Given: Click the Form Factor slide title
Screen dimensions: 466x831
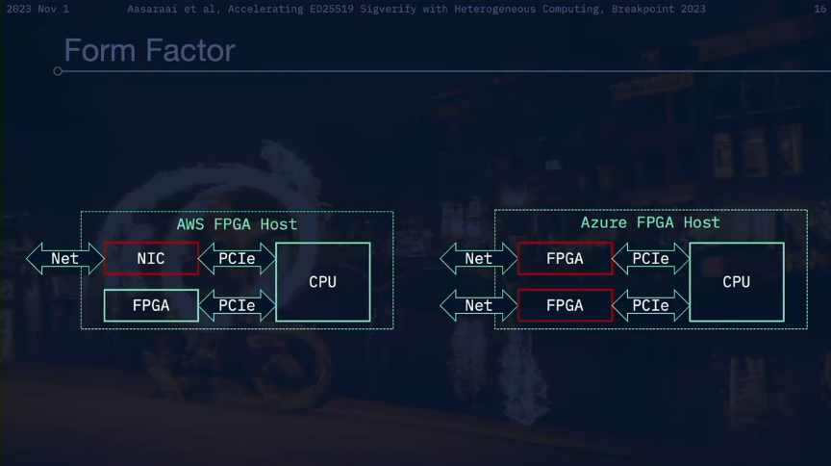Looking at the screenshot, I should [x=149, y=49].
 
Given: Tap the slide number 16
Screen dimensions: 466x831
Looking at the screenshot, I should [x=818, y=9].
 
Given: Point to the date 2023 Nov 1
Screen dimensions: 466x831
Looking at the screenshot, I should [x=38, y=9].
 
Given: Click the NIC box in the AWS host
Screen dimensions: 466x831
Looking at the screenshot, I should [x=151, y=258].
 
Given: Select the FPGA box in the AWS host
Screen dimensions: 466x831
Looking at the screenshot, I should [x=151, y=305].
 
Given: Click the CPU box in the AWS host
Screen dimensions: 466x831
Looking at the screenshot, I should [x=322, y=282].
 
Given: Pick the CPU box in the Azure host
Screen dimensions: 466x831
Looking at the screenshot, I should [x=736, y=282].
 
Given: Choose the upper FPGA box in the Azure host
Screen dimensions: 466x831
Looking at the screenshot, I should [x=565, y=258].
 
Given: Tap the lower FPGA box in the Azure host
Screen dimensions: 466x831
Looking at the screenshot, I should [x=565, y=305].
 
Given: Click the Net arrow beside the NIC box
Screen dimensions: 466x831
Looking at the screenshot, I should [x=65, y=258].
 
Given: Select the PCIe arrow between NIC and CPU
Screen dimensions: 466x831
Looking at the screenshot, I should [x=237, y=258].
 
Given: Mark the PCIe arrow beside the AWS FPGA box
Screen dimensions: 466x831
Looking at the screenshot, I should [x=237, y=305].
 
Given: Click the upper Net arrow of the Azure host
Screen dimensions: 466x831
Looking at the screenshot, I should [x=479, y=258].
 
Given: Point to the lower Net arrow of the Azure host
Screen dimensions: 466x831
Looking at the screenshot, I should [x=479, y=305].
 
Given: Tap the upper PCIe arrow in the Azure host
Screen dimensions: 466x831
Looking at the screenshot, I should [x=651, y=258].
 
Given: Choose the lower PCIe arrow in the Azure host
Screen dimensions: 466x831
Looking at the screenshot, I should [x=651, y=305].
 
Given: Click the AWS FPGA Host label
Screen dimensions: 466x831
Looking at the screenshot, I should [x=237, y=224].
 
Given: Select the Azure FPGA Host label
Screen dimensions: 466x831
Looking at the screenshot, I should [x=650, y=222].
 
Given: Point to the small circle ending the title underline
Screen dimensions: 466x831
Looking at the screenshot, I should [x=58, y=71].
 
